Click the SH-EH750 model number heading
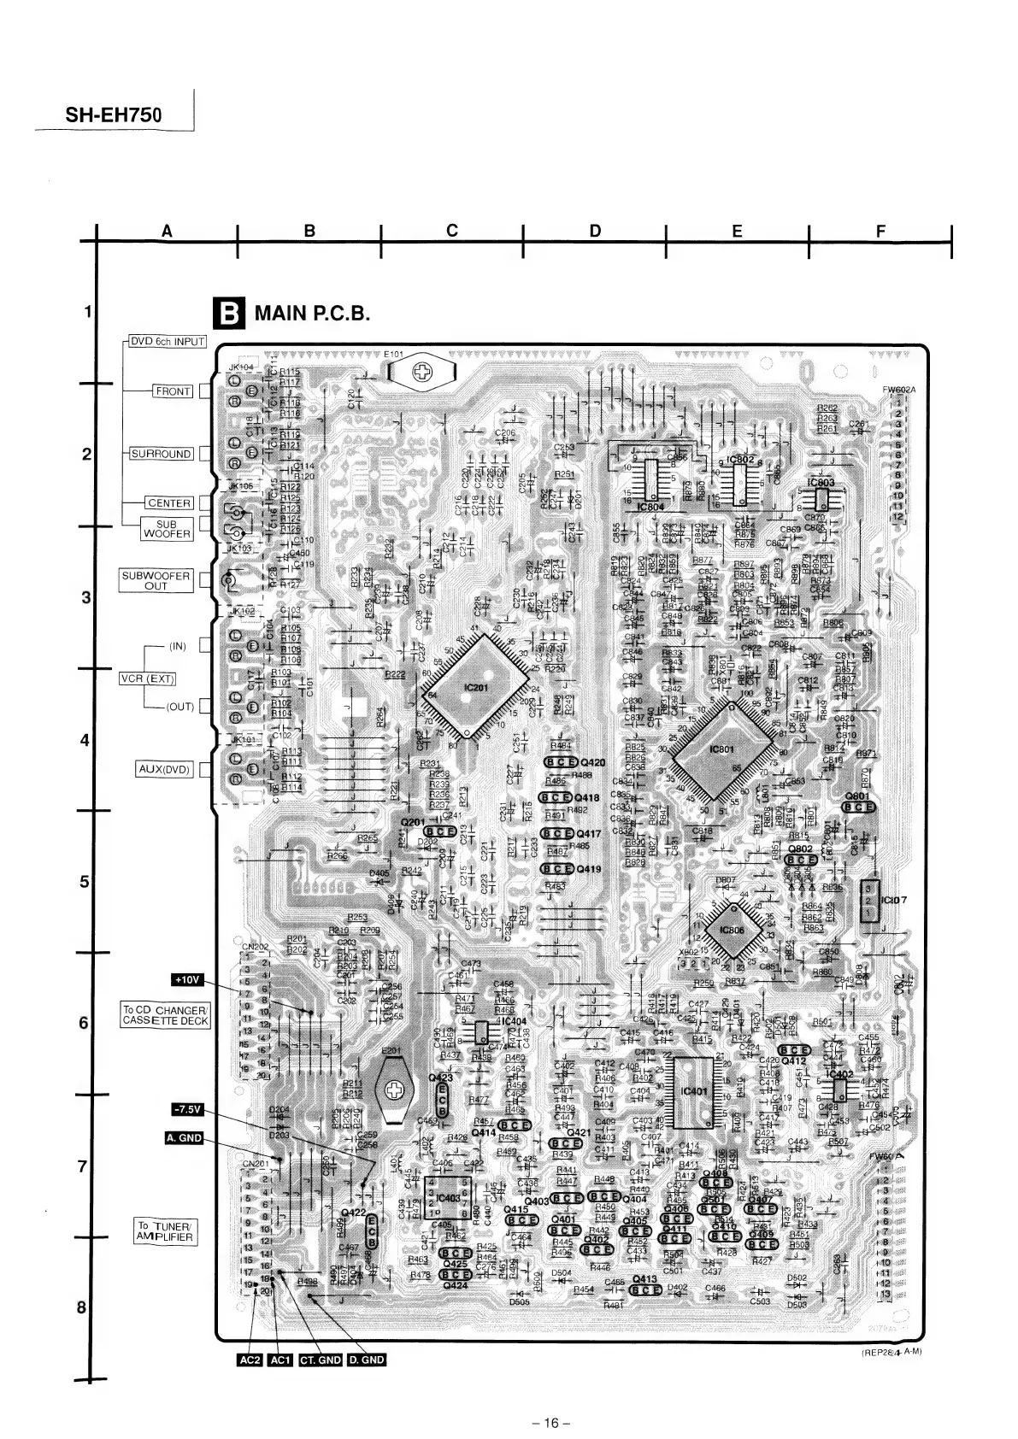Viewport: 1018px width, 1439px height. [x=114, y=114]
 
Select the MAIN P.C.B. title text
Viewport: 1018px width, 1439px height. [x=312, y=314]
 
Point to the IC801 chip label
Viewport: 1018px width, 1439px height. [x=722, y=749]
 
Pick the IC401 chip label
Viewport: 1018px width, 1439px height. [x=693, y=1091]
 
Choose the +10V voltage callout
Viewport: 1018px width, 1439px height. [x=187, y=979]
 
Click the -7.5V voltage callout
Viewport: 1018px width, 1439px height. [x=186, y=1110]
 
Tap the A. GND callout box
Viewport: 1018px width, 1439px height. [x=184, y=1137]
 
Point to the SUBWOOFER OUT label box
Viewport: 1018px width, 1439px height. [x=156, y=581]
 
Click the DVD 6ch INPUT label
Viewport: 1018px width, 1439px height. [x=168, y=341]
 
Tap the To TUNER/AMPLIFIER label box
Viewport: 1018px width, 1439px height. [x=166, y=1231]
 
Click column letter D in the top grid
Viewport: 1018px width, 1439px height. [x=595, y=231]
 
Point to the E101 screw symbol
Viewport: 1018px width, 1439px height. [x=421, y=370]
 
